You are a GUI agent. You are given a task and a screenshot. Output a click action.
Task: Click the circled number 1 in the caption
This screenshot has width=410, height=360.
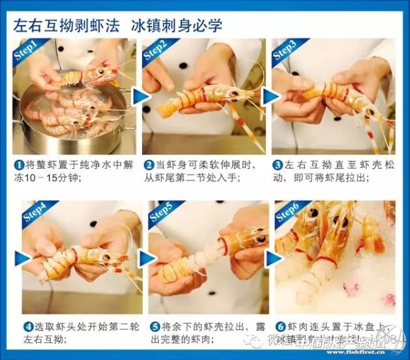20,166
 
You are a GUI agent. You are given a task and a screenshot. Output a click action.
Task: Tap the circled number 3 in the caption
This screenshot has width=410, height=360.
278,166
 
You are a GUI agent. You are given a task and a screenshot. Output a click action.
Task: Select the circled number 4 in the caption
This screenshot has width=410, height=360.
28,326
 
